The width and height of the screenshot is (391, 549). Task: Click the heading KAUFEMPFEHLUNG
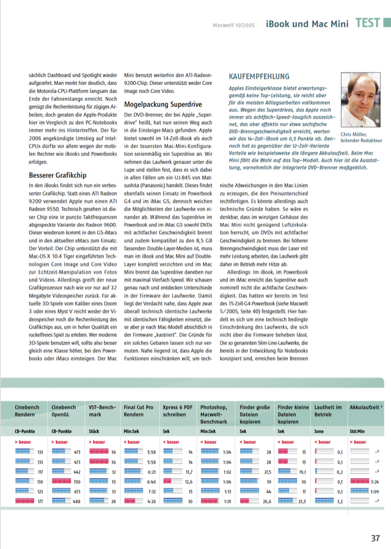(258, 77)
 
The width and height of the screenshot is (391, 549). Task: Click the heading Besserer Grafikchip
(57, 175)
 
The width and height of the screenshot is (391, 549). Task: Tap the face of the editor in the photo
(360, 95)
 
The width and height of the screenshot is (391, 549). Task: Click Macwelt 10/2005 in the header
(235, 25)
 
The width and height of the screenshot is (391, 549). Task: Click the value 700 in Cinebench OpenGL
(77, 482)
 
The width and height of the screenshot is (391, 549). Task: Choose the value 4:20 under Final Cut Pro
(152, 501)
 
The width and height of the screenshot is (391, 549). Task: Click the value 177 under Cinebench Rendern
(40, 501)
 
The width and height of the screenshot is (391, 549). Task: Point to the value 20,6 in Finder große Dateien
(266, 501)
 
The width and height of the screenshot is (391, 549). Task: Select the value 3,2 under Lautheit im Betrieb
(340, 501)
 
